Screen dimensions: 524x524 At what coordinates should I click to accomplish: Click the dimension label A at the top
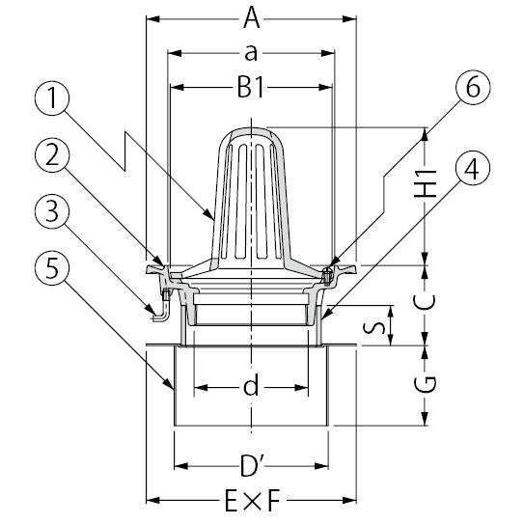point(251,18)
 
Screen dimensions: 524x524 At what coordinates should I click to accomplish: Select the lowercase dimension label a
point(251,53)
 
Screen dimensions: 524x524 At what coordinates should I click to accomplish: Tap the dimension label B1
point(250,88)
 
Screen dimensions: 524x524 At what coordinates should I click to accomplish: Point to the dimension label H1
point(425,183)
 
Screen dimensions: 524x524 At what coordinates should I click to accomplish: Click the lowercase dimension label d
point(251,384)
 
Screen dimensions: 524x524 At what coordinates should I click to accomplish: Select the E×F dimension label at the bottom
point(252,500)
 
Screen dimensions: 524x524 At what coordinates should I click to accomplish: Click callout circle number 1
point(52,97)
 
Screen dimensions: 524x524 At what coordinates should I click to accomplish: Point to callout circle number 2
point(52,154)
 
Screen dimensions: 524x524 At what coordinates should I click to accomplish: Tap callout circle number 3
point(52,211)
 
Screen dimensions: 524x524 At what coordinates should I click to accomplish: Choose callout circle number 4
point(473,168)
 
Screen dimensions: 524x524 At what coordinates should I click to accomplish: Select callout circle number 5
point(52,268)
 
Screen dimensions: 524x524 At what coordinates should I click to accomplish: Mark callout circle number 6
point(473,88)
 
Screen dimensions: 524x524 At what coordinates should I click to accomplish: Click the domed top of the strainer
point(251,134)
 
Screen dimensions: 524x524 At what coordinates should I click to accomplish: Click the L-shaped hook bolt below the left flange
point(162,308)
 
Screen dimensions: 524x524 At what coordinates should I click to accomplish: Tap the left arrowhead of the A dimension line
point(153,18)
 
